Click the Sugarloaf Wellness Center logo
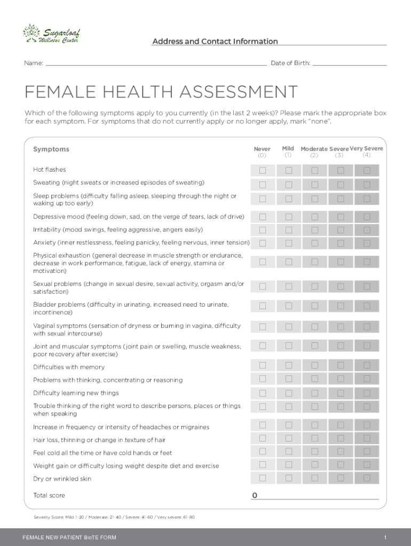[x=51, y=34]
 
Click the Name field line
[x=156, y=63]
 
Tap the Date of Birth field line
[x=349, y=63]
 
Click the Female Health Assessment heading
[x=161, y=92]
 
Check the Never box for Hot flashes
[x=263, y=171]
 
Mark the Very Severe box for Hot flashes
[x=367, y=171]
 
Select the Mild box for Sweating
[x=289, y=185]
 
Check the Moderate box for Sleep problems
[x=314, y=199]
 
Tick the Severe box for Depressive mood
[x=341, y=217]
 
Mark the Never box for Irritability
[x=263, y=230]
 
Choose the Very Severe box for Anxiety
[x=367, y=243]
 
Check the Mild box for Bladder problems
[x=289, y=306]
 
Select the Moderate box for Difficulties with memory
[x=314, y=365]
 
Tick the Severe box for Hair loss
[x=341, y=438]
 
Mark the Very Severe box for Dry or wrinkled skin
[x=367, y=477]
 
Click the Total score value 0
[x=255, y=496]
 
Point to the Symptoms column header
[x=51, y=149]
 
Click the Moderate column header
[x=314, y=149]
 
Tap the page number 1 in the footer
[x=385, y=536]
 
